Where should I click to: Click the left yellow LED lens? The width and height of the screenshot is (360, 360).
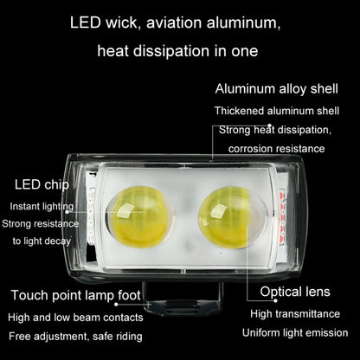point(139,215)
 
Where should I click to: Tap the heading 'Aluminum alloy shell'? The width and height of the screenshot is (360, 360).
point(276,89)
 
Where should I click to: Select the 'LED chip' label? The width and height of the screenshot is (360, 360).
point(42,184)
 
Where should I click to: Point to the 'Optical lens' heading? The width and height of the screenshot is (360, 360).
point(295,292)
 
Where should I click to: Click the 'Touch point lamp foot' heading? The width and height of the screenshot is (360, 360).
point(76,295)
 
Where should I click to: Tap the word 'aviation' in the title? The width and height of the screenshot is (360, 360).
point(174,23)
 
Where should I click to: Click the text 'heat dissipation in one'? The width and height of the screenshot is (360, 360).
point(177,51)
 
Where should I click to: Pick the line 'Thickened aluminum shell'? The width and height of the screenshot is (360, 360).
point(277,111)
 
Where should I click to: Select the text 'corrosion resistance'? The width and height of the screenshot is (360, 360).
point(277,149)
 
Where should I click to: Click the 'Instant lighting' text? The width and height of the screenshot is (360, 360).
point(42,207)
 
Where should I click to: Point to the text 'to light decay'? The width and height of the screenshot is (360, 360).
point(42,241)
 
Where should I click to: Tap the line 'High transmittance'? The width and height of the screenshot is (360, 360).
point(295,314)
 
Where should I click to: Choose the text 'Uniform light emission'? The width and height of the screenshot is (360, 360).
point(295,333)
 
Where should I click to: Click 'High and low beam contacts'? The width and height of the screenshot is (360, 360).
point(75,318)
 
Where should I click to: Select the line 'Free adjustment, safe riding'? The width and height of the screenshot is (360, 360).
point(75,337)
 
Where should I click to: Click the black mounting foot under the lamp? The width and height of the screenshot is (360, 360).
point(183,300)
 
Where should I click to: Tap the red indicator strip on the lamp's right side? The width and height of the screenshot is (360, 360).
point(282,216)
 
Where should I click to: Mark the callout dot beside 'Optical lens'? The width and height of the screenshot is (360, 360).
point(275,300)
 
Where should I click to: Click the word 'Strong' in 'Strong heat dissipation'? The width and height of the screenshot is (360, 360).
point(235,130)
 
